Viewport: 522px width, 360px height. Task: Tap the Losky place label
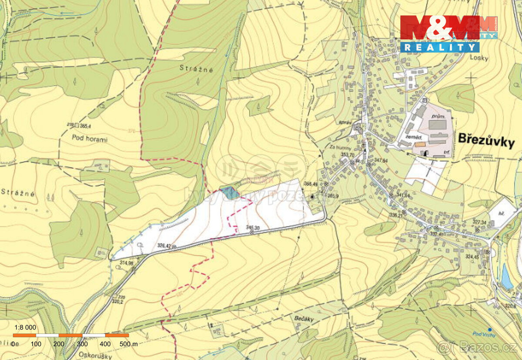[x=482, y=58]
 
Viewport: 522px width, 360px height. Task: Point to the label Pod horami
[x=90, y=140]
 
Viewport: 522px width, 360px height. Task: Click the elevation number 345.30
[x=253, y=227]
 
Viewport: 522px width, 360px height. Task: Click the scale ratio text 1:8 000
[x=26, y=327]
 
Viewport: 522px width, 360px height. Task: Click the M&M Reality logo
[x=448, y=34]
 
